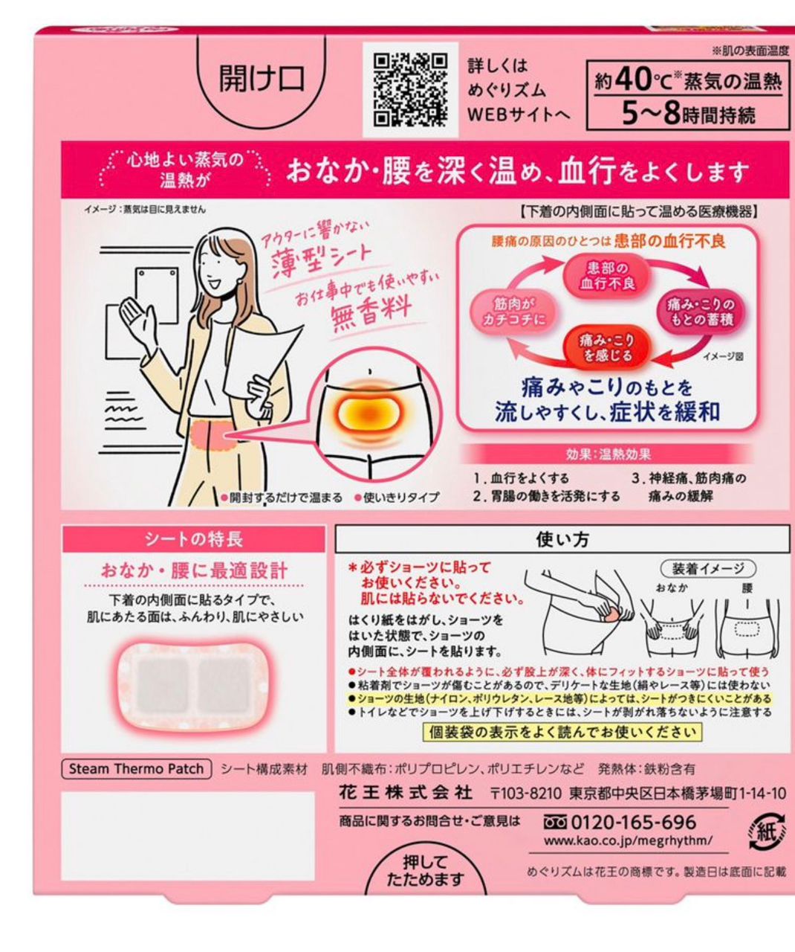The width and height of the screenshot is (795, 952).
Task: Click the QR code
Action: [x=410, y=90]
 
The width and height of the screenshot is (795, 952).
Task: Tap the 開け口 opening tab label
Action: [x=262, y=78]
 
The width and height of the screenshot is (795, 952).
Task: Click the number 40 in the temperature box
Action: [x=634, y=80]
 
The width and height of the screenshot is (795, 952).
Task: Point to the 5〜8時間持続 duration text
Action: [x=689, y=114]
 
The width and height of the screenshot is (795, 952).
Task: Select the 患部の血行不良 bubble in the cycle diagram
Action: [x=607, y=275]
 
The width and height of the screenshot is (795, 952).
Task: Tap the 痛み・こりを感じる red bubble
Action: [x=607, y=347]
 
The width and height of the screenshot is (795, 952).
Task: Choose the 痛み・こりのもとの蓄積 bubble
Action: [x=701, y=312]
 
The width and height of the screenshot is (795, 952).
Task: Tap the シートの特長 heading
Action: [x=194, y=539]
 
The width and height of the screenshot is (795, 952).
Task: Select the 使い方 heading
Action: [x=562, y=539]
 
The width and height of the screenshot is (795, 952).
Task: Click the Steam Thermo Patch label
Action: [x=136, y=769]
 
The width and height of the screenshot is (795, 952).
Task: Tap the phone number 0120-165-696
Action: [x=633, y=823]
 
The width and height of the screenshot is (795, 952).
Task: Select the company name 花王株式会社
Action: [x=406, y=794]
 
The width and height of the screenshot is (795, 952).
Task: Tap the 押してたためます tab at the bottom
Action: [x=426, y=871]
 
